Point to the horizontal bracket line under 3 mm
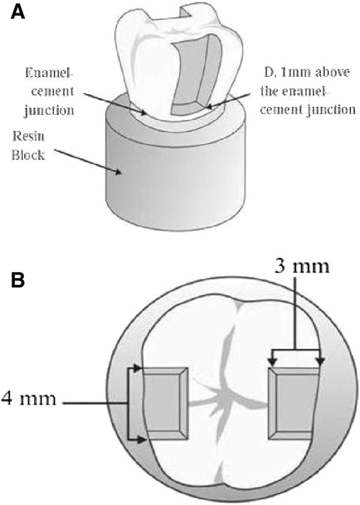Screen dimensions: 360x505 click(x=298, y=349)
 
